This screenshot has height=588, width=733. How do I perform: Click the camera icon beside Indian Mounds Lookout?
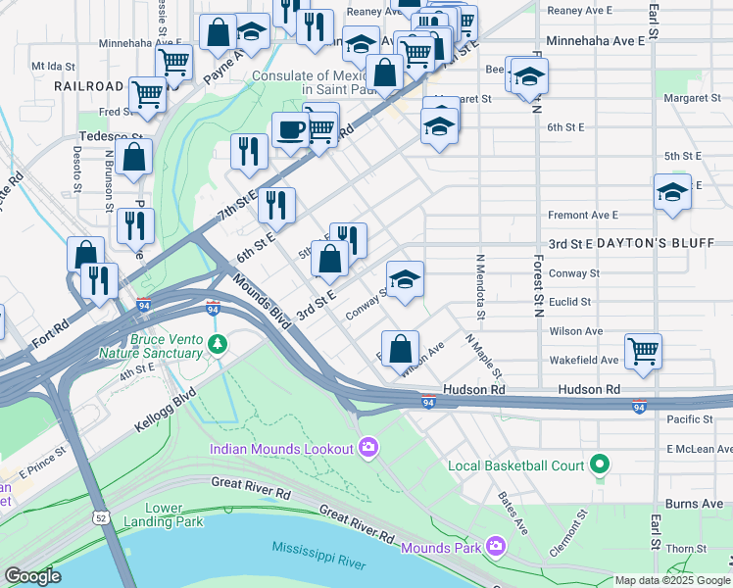368,449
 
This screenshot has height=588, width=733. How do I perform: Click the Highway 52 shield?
102,516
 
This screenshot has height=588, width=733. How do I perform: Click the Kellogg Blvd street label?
164,411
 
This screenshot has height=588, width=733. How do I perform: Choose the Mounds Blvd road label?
263,301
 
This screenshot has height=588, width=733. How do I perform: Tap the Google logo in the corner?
32,575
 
